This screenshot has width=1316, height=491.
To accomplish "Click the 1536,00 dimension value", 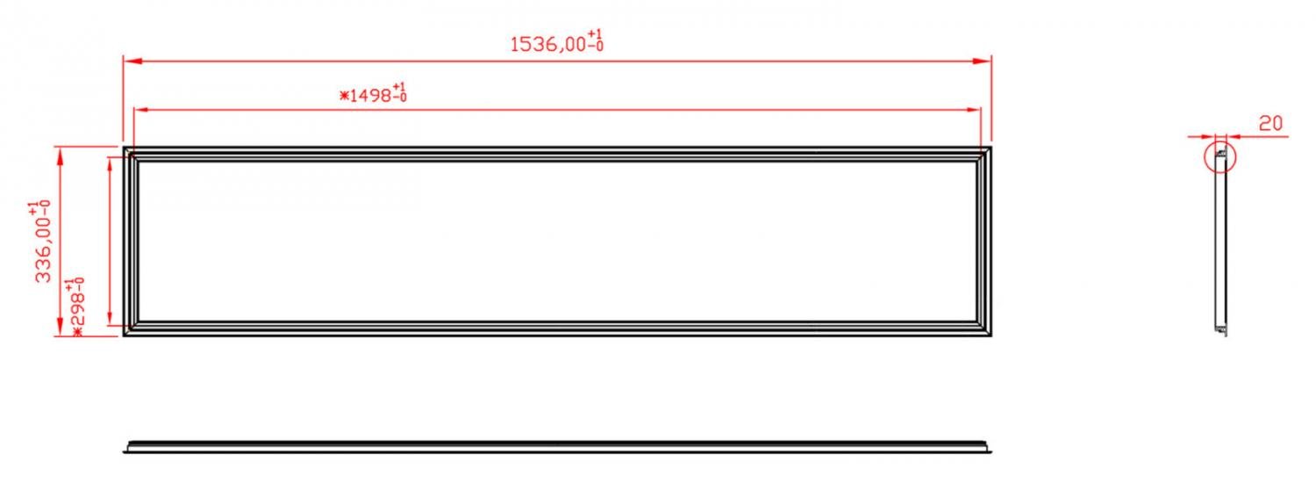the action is (548, 45).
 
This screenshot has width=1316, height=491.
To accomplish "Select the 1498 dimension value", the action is (371, 95).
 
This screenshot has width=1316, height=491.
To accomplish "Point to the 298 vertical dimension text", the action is (77, 308).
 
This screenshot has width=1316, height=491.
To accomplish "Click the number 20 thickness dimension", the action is (1270, 124).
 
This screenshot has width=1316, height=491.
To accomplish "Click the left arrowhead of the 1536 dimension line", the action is (133, 61).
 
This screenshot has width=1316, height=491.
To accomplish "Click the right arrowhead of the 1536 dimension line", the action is (982, 61).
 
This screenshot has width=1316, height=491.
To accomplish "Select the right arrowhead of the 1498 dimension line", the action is (972, 110).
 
